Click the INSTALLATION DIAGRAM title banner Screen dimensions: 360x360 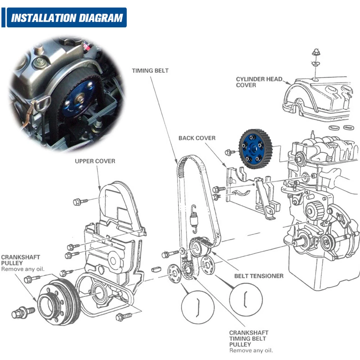67,18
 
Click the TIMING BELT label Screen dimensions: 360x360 150,70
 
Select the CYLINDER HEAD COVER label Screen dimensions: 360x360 259,82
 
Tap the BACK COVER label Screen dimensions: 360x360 197,138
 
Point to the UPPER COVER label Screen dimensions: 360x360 95,161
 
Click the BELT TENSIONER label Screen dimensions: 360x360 259,276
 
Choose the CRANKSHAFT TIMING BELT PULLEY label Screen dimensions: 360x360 249,339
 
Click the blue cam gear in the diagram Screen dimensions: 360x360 256,148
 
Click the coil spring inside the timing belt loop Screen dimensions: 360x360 194,217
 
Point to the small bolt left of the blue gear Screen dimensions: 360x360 228,152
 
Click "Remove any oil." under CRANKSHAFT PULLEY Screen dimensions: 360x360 22,269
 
